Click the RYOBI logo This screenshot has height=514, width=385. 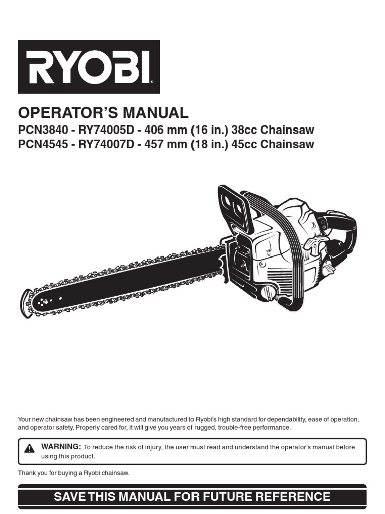click(89, 67)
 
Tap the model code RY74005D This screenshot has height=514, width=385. click(104, 131)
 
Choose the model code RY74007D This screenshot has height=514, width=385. click(104, 145)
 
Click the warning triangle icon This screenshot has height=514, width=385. click(29, 448)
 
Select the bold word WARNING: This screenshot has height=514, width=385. click(61, 447)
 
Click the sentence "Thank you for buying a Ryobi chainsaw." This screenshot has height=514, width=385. click(74, 473)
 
